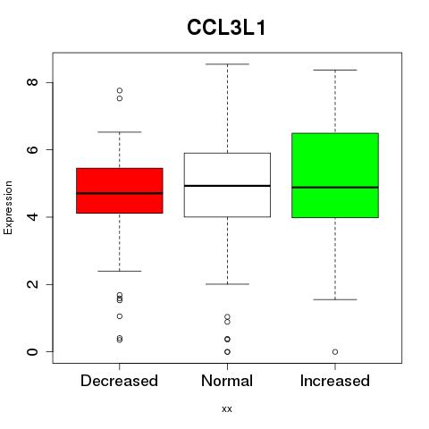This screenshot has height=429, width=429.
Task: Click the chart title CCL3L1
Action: tap(226, 28)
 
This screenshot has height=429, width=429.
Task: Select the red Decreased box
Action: tap(120, 190)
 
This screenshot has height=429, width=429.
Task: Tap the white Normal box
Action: tap(227, 185)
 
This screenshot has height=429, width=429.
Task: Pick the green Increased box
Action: tap(335, 175)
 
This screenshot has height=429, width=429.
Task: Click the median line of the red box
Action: tap(120, 193)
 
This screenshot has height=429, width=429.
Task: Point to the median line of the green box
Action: tap(335, 188)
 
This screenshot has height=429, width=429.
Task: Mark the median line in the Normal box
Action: tap(227, 186)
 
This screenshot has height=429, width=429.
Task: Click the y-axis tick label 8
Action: tap(32, 82)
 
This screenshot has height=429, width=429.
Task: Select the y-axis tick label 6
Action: tap(32, 149)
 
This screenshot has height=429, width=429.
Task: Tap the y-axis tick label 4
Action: tap(32, 216)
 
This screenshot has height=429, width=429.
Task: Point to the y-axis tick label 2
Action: tap(32, 284)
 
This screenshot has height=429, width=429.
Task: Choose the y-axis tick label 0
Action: tap(32, 351)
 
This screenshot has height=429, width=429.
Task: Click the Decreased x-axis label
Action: tap(119, 381)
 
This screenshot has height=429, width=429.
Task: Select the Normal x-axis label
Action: tap(227, 381)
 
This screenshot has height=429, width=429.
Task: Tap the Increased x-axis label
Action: tap(335, 381)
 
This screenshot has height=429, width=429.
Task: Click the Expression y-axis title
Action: tap(8, 207)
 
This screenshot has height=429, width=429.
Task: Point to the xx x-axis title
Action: tap(227, 409)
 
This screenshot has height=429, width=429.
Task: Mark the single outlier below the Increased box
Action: tap(335, 352)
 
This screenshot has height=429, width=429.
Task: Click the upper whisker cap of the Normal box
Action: tap(227, 64)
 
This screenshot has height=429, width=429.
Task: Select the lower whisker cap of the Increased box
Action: tap(335, 299)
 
